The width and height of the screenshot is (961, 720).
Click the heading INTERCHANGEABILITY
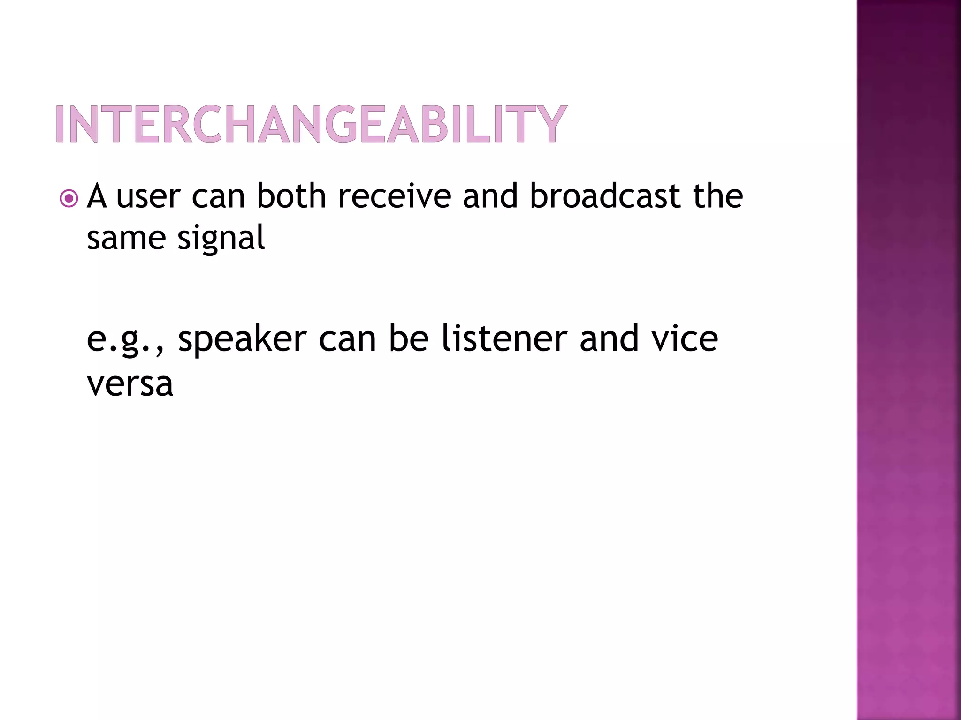click(x=311, y=124)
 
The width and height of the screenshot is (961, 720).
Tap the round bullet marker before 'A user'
click(x=69, y=199)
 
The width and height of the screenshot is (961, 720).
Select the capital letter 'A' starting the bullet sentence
click(x=97, y=196)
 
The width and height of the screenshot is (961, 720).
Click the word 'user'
click(x=148, y=197)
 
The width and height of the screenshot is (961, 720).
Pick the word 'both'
click(x=291, y=196)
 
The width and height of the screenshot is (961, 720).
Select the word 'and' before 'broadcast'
click(x=490, y=196)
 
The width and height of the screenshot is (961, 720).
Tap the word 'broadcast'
click(x=605, y=196)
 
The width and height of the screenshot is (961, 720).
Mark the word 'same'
click(x=126, y=239)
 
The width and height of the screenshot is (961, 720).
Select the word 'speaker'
click(x=242, y=340)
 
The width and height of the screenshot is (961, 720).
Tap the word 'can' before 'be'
click(x=347, y=340)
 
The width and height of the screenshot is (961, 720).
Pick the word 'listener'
click(x=505, y=338)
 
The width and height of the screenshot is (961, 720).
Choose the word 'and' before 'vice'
click(x=609, y=338)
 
